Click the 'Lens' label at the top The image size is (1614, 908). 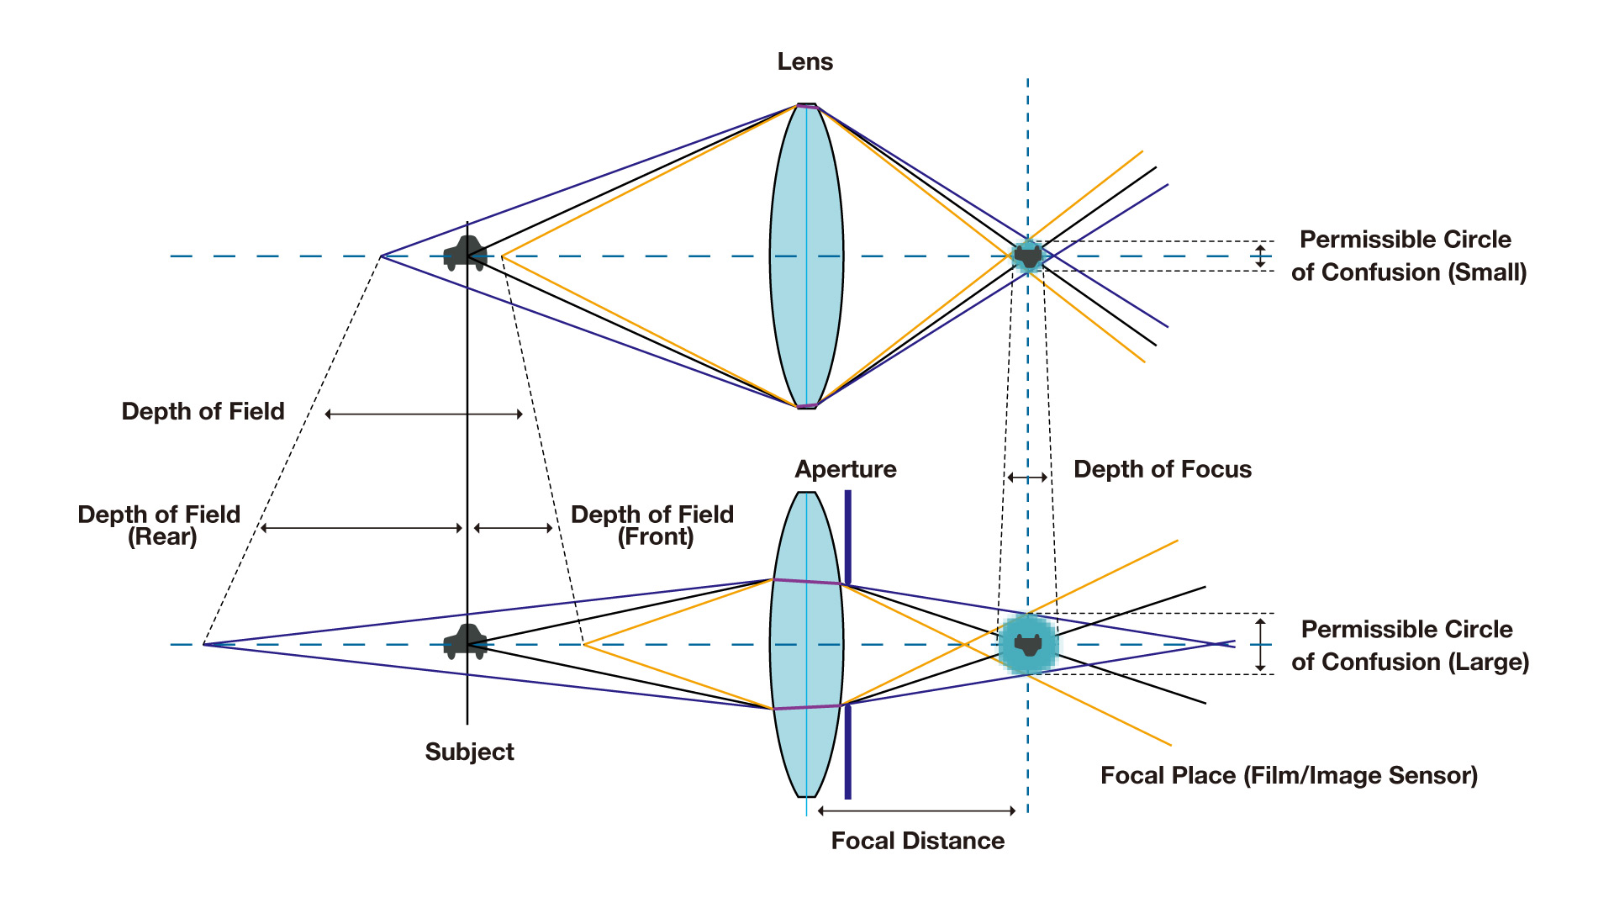804,61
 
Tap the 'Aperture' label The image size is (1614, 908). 845,469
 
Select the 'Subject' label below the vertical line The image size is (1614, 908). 469,752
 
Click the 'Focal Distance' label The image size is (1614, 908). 917,841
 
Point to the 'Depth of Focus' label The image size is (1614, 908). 1162,469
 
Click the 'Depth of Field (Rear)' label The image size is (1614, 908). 160,525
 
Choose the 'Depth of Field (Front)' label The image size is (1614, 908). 652,525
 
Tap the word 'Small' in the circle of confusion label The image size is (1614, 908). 1486,272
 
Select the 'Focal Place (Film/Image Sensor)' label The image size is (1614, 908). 1289,775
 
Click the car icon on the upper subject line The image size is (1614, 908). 465,253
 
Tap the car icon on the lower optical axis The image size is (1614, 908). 465,642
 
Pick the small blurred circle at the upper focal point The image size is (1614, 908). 1027,256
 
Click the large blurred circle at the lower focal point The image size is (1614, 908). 1027,645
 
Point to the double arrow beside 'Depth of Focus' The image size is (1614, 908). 1027,478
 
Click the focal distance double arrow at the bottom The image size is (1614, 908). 917,810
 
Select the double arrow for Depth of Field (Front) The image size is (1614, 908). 513,528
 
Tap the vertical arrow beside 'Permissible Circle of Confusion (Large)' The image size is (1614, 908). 1260,645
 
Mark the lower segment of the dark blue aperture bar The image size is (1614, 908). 847,752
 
